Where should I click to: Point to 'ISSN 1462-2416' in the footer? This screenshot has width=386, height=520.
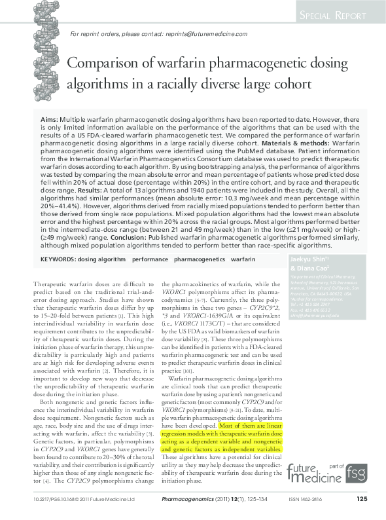(x=308, y=500)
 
